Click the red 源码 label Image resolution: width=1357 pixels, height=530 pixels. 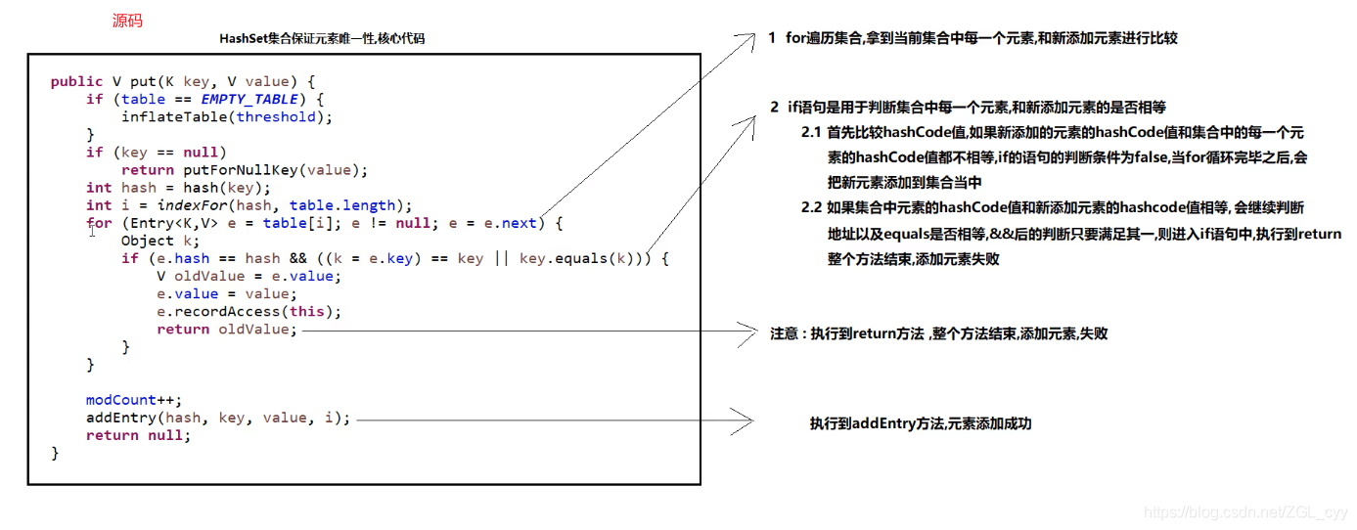point(127,20)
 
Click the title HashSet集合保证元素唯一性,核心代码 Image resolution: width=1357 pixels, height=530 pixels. point(322,39)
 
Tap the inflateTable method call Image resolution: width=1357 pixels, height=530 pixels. point(173,117)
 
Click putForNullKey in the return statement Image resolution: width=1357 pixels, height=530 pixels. point(249,170)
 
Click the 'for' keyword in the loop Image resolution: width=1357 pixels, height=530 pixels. point(99,223)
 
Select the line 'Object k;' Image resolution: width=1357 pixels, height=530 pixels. point(160,241)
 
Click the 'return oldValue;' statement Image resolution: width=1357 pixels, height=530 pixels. point(226,330)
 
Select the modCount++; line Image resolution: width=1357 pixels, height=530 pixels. point(134,400)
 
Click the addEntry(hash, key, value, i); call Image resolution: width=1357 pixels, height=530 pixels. point(217,418)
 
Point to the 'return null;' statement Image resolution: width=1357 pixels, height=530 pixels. point(138,435)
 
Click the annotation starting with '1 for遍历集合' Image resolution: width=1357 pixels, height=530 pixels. point(973,38)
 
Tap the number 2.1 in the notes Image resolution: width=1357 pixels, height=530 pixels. point(811,132)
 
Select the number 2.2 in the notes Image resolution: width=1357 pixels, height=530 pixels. point(811,207)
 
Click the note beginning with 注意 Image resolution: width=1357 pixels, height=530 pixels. point(938,333)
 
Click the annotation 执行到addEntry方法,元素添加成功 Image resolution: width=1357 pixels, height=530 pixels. point(920,423)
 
